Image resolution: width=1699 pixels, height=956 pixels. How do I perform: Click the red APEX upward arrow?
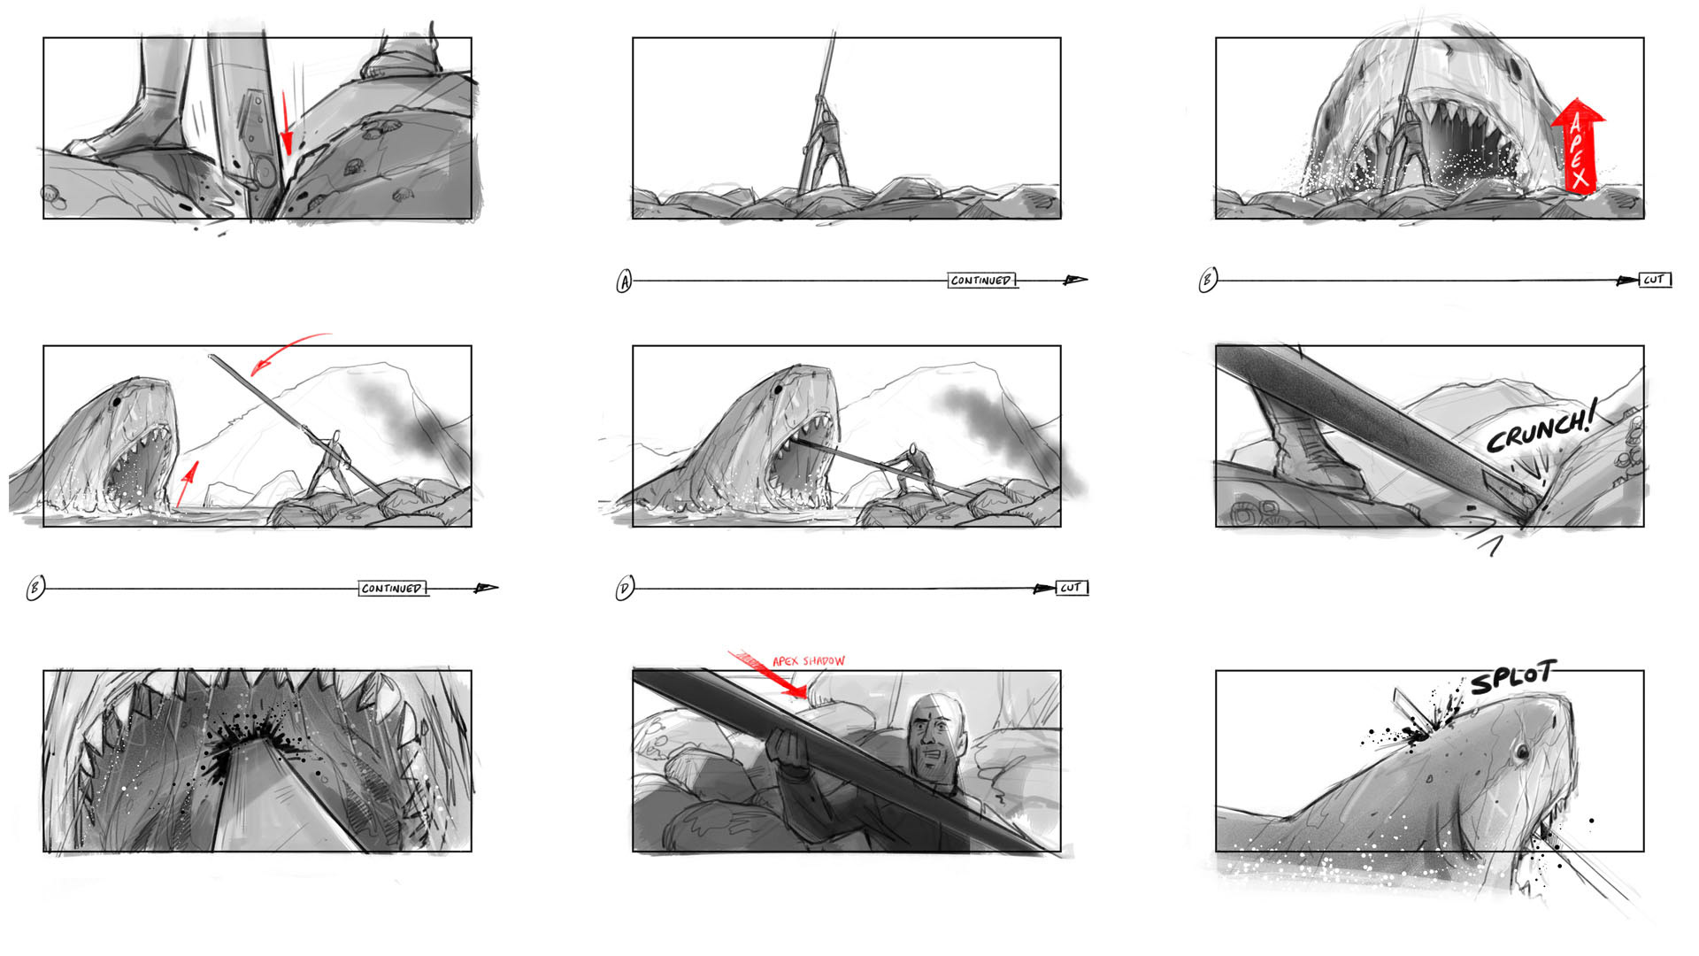1578,146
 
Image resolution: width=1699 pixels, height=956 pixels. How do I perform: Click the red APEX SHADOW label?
809,661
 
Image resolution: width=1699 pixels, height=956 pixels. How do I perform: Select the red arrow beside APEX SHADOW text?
768,674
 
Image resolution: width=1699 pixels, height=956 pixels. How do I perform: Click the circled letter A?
624,281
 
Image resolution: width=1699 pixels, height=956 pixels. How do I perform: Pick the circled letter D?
625,588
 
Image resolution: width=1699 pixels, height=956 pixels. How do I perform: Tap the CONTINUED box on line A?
981,281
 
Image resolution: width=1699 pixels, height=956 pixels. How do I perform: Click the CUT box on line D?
1072,588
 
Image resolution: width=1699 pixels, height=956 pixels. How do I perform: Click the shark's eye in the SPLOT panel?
1522,752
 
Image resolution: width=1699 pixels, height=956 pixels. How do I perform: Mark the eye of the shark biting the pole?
778,388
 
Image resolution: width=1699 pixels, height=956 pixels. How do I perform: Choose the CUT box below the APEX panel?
1655,280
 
